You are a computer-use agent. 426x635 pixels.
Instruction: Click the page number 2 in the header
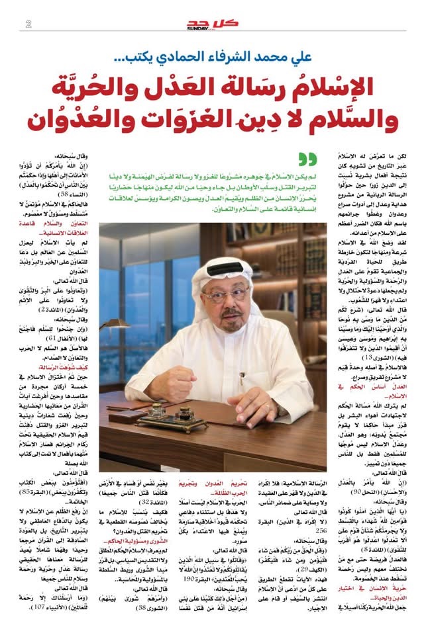[x=28, y=24]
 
